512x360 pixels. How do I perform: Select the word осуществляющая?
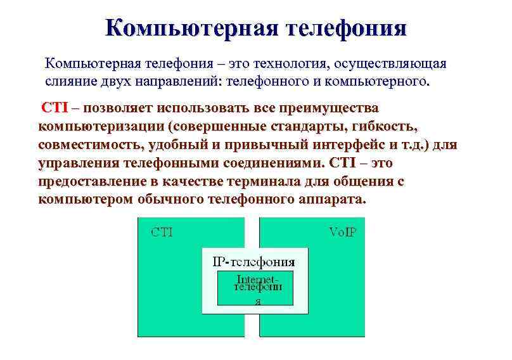(x=392, y=65)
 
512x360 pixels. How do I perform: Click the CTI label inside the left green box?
(x=161, y=231)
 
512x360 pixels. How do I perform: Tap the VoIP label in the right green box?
(x=342, y=231)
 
